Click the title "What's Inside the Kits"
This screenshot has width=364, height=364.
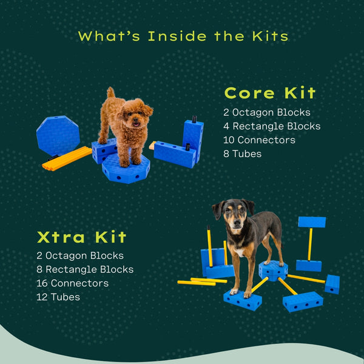183,36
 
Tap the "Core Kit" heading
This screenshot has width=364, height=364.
270,93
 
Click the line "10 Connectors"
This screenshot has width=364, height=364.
259,140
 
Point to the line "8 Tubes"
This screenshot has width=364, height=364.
243,154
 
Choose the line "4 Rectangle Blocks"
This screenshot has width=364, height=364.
272,126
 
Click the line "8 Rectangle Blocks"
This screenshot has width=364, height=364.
85,269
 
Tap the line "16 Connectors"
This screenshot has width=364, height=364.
73,283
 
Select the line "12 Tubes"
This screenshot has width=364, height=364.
58,297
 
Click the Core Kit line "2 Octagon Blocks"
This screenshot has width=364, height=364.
267,112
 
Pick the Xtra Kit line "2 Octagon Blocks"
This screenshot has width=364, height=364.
80,255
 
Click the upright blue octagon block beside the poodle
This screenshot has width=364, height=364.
58,135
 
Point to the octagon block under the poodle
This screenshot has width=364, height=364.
126,169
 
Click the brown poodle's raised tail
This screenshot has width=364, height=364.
110,93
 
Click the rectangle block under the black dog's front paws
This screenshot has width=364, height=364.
242,298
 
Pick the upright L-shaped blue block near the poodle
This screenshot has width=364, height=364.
192,138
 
